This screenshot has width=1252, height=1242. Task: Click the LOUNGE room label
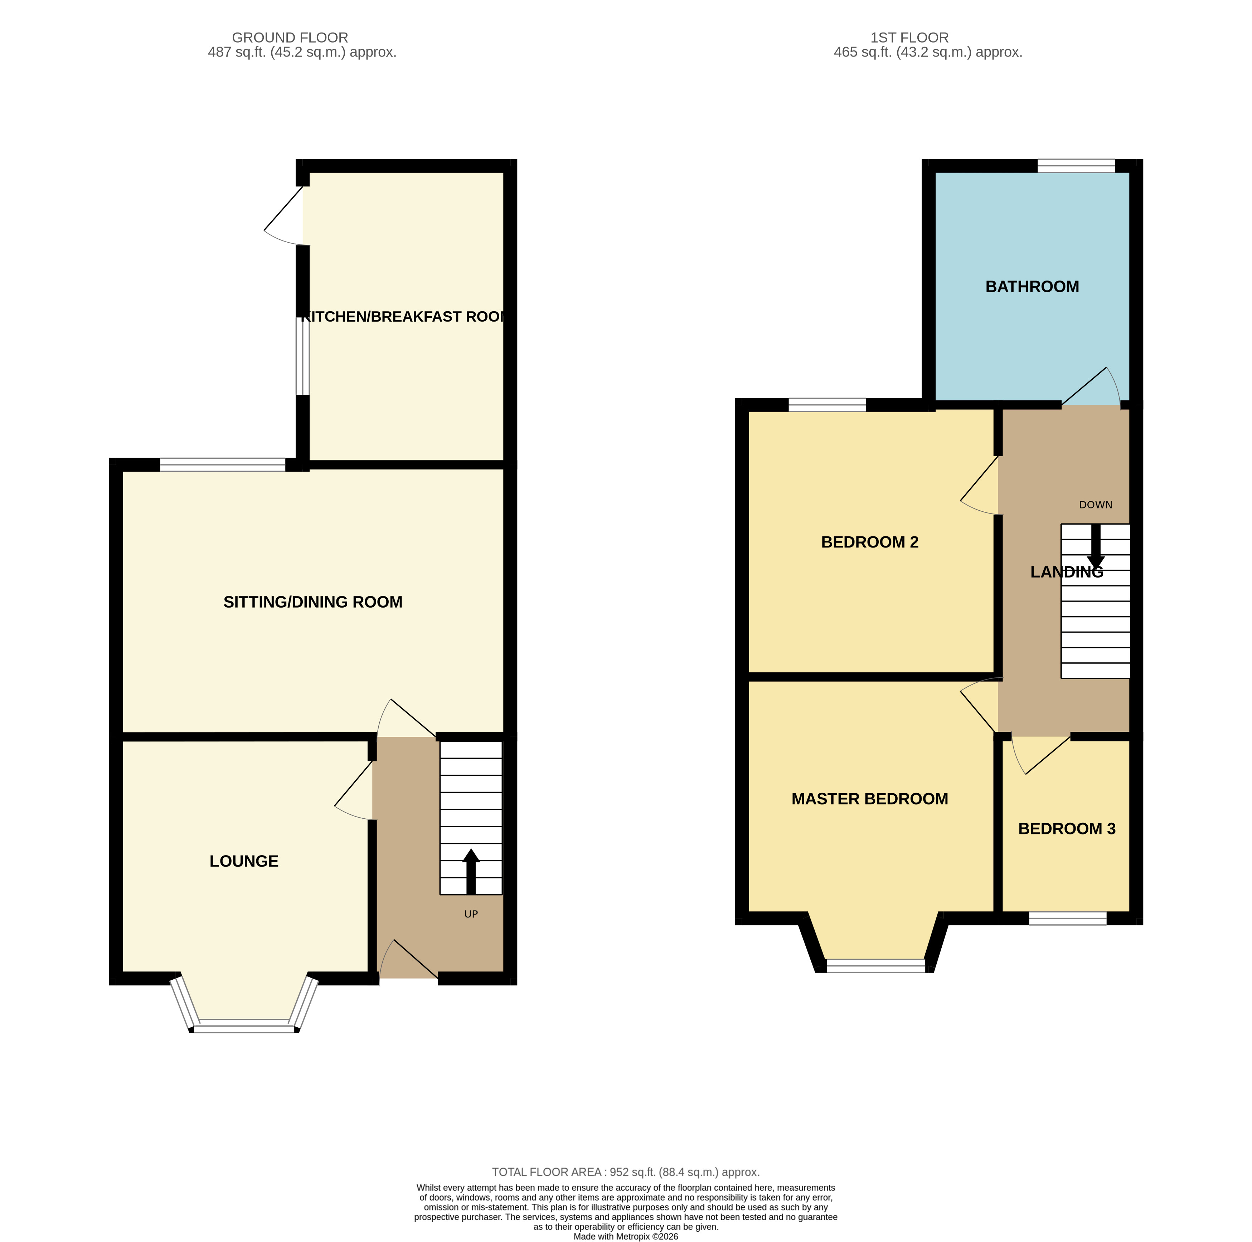pyautogui.click(x=244, y=861)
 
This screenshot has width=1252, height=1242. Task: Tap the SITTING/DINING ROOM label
pyautogui.click(x=313, y=602)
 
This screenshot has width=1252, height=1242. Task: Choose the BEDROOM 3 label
pyautogui.click(x=1067, y=829)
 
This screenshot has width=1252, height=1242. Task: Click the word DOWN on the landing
pyautogui.click(x=1095, y=505)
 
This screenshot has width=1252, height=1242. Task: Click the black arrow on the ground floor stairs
pyautogui.click(x=471, y=871)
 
